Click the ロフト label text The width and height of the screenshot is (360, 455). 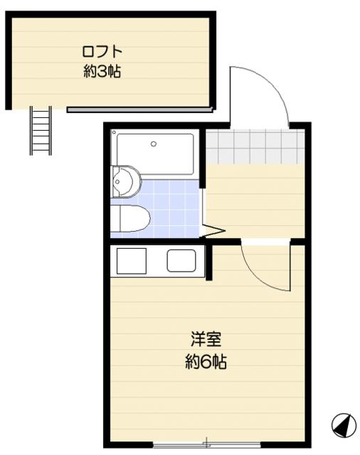(x=102, y=51)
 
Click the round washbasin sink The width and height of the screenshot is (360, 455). (x=127, y=181)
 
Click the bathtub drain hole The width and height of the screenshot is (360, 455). (x=154, y=144)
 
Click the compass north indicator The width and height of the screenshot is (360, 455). (x=343, y=426)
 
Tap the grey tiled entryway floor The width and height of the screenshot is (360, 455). (x=254, y=146)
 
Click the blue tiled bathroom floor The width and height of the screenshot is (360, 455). (x=174, y=210)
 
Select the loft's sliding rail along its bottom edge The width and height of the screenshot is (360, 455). (x=139, y=109)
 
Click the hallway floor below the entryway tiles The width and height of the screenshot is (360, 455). (x=254, y=199)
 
